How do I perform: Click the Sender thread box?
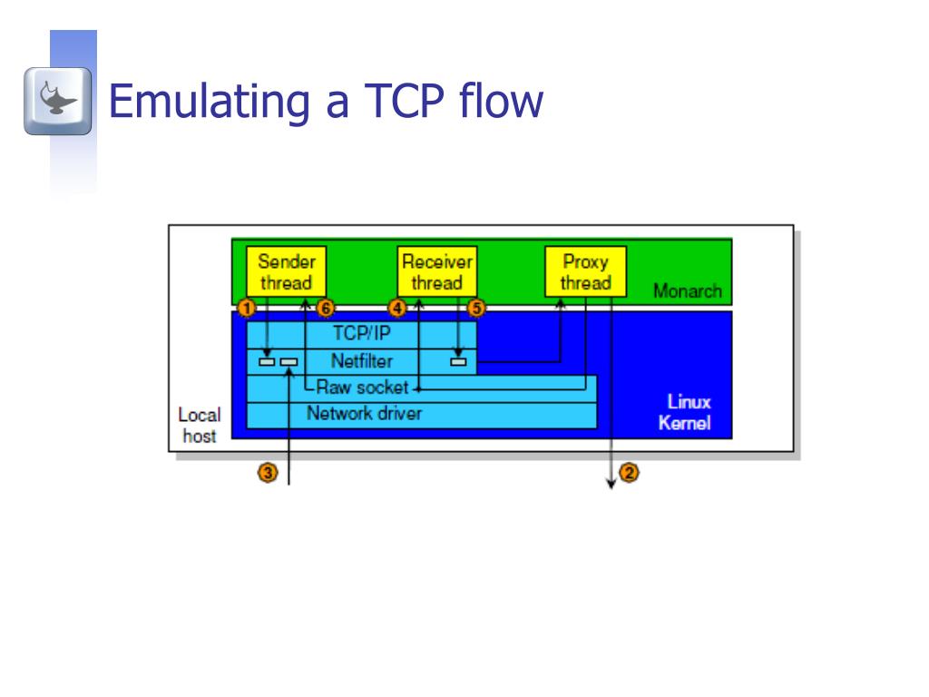(286, 272)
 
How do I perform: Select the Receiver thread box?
(437, 272)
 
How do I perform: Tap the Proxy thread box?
(585, 272)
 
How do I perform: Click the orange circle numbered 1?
(246, 309)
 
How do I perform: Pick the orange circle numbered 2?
(628, 473)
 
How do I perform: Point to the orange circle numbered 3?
(268, 473)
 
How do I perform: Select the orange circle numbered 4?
(396, 309)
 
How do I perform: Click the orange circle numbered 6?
(327, 309)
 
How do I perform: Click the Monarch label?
(687, 291)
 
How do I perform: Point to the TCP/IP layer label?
(361, 332)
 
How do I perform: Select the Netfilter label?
(361, 361)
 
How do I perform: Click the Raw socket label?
(362, 388)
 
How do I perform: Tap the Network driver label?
(364, 414)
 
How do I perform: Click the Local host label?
(199, 425)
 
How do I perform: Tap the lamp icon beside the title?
(58, 101)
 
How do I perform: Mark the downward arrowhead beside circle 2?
(611, 484)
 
